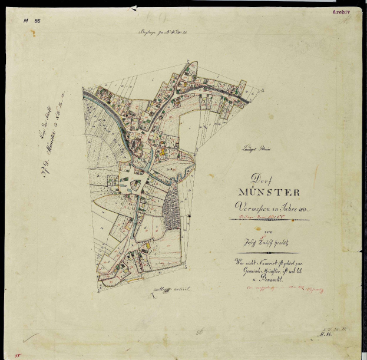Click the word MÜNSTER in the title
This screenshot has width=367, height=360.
(x=270, y=192)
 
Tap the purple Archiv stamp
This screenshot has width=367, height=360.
(x=341, y=11)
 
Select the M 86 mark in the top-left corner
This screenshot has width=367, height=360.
(x=31, y=20)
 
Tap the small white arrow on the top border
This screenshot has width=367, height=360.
(x=135, y=8)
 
